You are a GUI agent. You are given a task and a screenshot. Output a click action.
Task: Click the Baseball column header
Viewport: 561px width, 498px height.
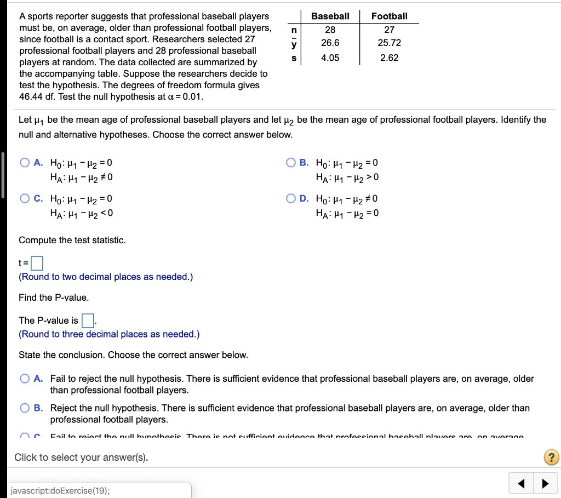[330, 16]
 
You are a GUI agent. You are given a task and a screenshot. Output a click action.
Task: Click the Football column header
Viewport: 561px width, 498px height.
[389, 16]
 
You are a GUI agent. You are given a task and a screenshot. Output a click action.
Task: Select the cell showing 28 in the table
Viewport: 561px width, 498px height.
[330, 30]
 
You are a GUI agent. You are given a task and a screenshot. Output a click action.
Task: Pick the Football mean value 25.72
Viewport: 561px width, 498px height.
[389, 43]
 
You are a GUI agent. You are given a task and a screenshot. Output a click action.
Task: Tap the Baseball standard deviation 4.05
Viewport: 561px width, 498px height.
[330, 58]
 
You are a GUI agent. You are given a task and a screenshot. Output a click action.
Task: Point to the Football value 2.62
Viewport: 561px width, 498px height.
[389, 58]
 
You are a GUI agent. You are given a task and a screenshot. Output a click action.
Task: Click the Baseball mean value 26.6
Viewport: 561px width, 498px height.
[330, 43]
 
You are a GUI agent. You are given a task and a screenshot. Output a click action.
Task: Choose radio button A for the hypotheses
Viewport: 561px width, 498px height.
[25, 163]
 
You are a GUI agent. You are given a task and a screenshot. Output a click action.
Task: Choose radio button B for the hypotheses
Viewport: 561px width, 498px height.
[291, 163]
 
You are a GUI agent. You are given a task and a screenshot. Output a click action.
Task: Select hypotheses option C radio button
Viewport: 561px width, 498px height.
[25, 198]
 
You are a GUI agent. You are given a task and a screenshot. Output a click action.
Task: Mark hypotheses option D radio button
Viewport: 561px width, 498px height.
[291, 198]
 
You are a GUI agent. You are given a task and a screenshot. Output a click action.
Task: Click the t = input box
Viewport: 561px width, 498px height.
[37, 264]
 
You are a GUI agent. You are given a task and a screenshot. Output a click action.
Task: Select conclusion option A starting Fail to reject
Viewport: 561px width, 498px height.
[25, 379]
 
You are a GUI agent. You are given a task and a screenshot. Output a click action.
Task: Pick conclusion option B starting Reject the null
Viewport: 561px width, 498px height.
[25, 408]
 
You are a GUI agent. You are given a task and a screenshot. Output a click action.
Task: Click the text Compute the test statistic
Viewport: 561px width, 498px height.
[72, 240]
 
